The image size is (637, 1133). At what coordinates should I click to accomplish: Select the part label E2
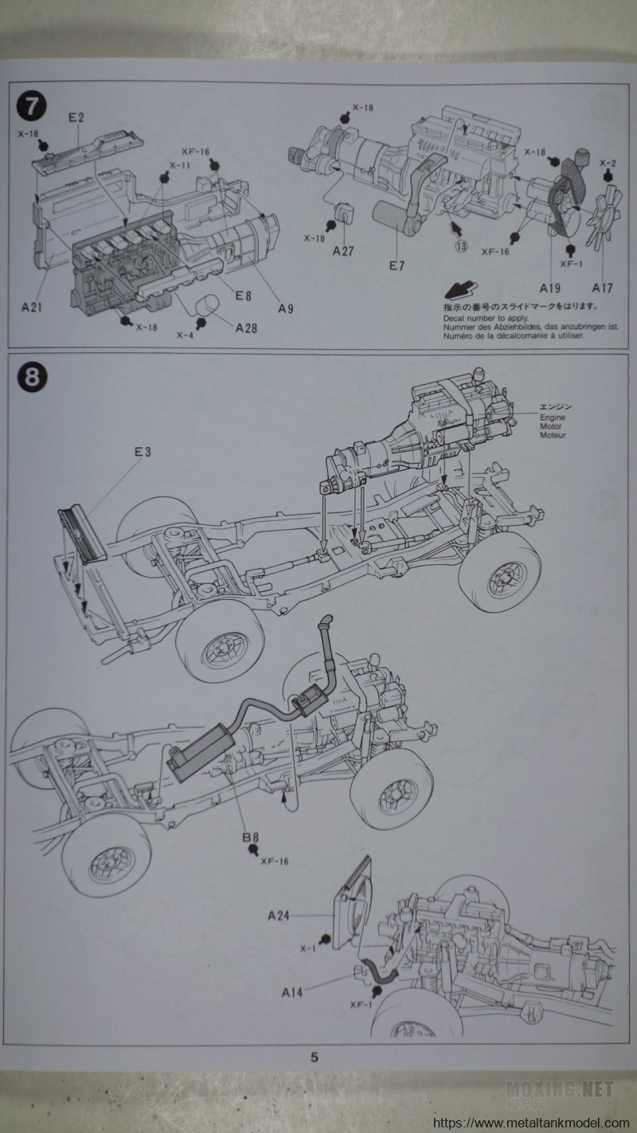tap(76, 117)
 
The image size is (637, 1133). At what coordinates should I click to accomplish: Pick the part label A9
tap(285, 308)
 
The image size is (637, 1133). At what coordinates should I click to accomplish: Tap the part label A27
tap(343, 248)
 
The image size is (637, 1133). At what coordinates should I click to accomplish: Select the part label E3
tap(143, 452)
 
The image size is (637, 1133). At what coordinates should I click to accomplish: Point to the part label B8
tap(252, 837)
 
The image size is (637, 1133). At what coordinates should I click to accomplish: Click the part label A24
tap(276, 916)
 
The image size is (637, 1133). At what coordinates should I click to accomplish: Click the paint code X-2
tap(608, 163)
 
